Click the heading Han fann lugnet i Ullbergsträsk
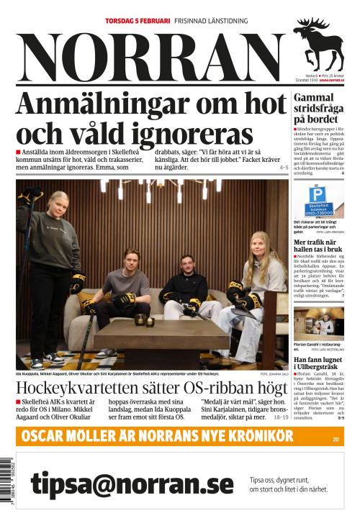tap(319, 362)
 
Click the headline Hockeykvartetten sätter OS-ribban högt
tap(151, 387)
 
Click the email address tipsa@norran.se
tap(132, 484)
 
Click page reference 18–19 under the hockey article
tap(281, 417)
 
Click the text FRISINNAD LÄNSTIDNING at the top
tap(210, 21)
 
